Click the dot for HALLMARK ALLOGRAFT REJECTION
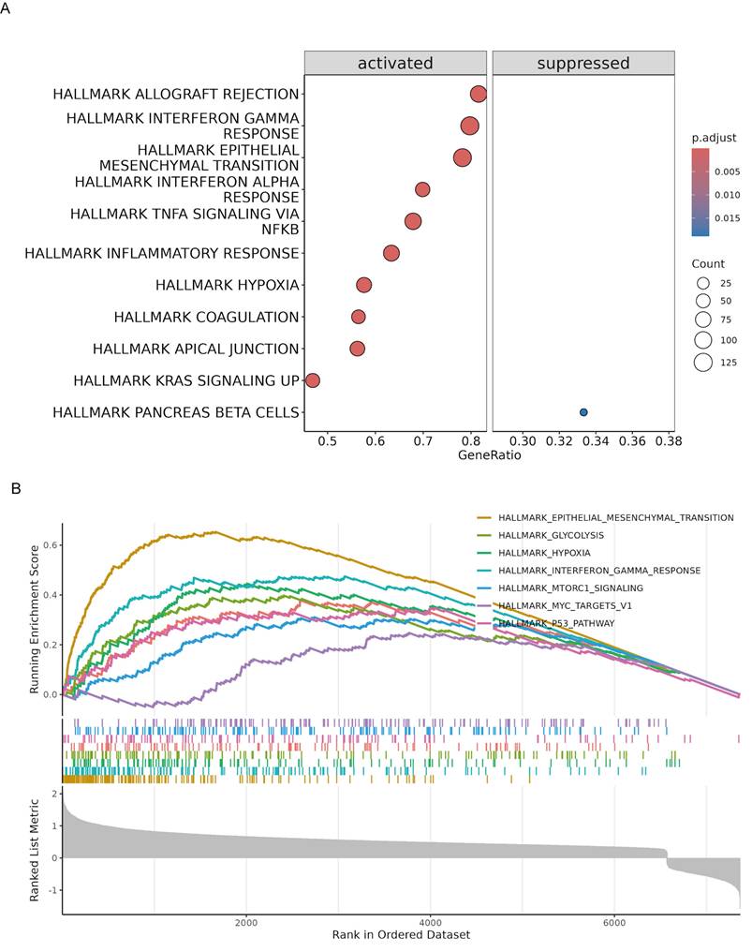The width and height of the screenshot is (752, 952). pyautogui.click(x=479, y=94)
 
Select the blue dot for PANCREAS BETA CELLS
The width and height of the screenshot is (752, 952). pyautogui.click(x=583, y=412)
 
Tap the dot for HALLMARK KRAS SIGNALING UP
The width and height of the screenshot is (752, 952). pyautogui.click(x=313, y=380)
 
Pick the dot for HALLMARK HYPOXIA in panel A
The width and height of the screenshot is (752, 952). pyautogui.click(x=363, y=285)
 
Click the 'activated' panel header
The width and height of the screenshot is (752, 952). pyautogui.click(x=395, y=64)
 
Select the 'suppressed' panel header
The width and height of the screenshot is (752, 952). pyautogui.click(x=582, y=64)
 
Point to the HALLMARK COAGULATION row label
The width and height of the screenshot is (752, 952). pyautogui.click(x=206, y=317)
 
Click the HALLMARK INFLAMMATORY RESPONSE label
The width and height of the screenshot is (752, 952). pyautogui.click(x=161, y=253)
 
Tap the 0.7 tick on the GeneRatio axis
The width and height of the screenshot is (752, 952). pyautogui.click(x=422, y=440)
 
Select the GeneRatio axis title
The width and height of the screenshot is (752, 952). pyautogui.click(x=489, y=456)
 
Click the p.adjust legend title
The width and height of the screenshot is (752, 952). pyautogui.click(x=714, y=138)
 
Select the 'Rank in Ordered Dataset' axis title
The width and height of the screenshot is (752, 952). pyautogui.click(x=401, y=935)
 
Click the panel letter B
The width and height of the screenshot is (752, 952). pyautogui.click(x=14, y=488)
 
